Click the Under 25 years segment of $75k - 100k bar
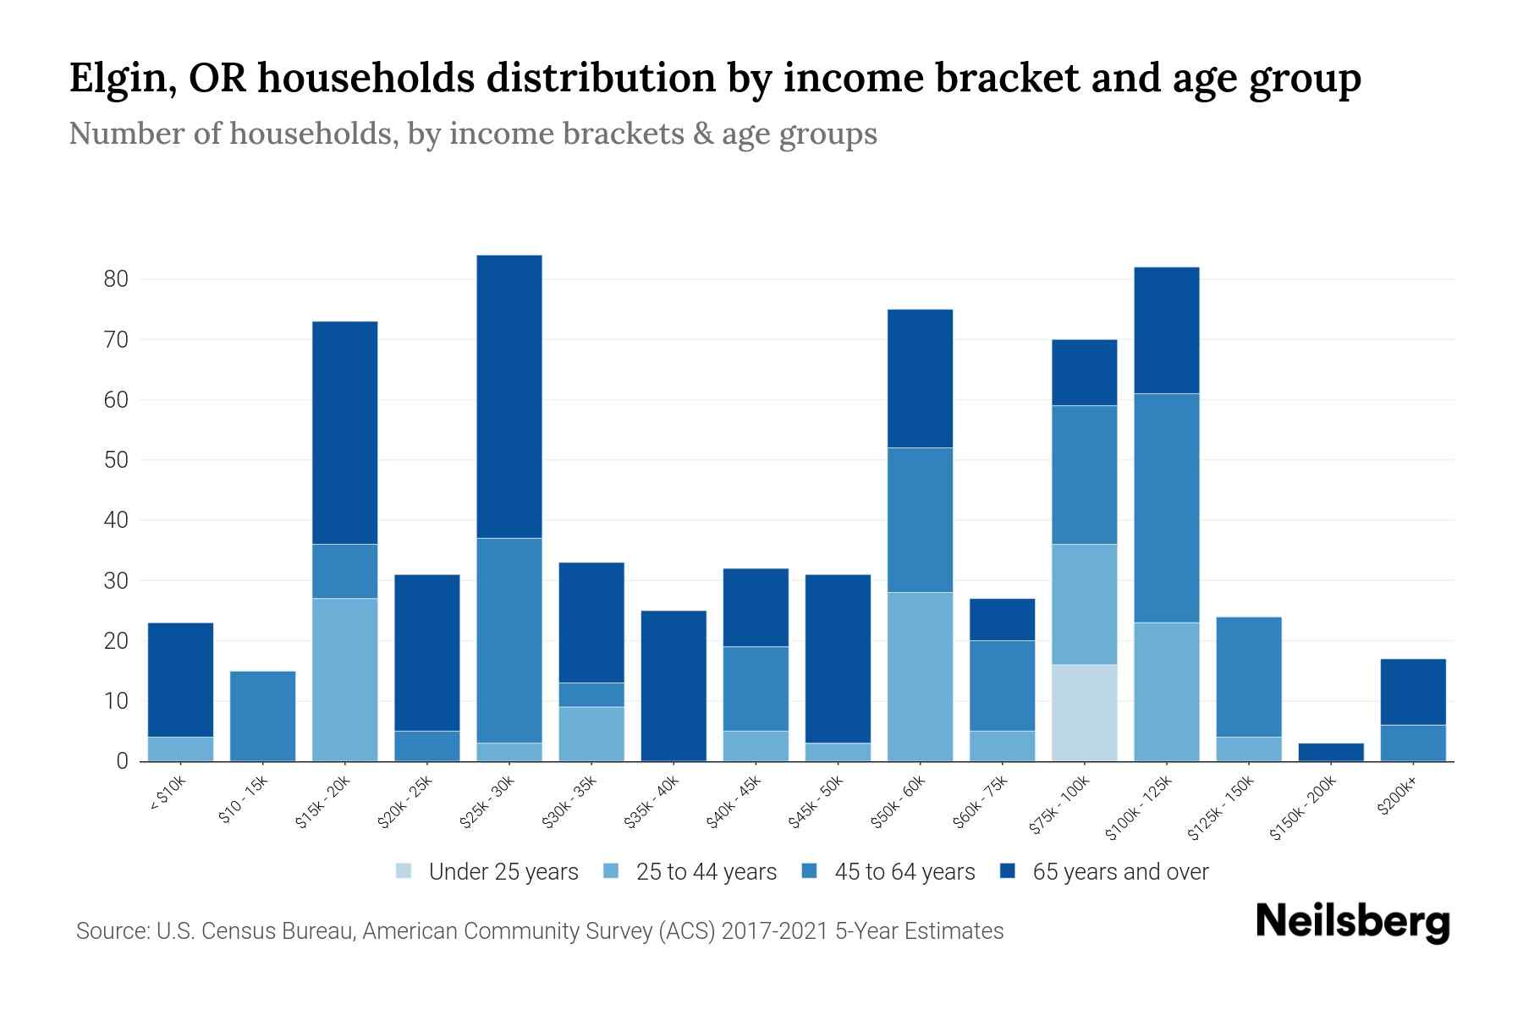point(1084,712)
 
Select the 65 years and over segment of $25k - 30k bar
point(509,397)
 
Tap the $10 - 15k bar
point(262,716)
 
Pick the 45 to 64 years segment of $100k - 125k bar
point(1166,507)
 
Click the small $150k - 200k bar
point(1330,752)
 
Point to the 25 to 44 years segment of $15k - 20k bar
point(344,679)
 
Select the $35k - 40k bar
point(673,685)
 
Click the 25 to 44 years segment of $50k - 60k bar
point(920,676)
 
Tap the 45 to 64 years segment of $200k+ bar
point(1412,743)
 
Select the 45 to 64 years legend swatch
point(810,871)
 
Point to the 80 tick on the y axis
point(116,279)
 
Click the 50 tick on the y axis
point(116,460)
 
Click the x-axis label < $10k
point(168,795)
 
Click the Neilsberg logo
point(1352,923)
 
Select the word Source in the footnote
point(110,931)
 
